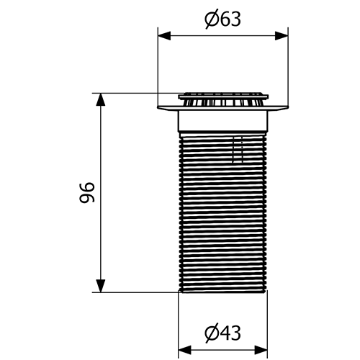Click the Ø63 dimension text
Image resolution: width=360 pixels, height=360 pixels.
click(x=222, y=19)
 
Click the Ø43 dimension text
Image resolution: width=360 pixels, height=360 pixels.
click(x=222, y=333)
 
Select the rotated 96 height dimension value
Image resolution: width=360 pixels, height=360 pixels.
click(x=86, y=192)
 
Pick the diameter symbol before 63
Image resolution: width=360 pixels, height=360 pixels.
click(x=210, y=19)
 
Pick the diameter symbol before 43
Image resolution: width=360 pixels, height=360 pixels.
click(x=210, y=333)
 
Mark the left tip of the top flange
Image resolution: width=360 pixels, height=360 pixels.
click(x=159, y=107)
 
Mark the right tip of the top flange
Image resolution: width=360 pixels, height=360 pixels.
click(x=287, y=107)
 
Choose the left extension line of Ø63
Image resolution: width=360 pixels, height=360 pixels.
click(x=158, y=65)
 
